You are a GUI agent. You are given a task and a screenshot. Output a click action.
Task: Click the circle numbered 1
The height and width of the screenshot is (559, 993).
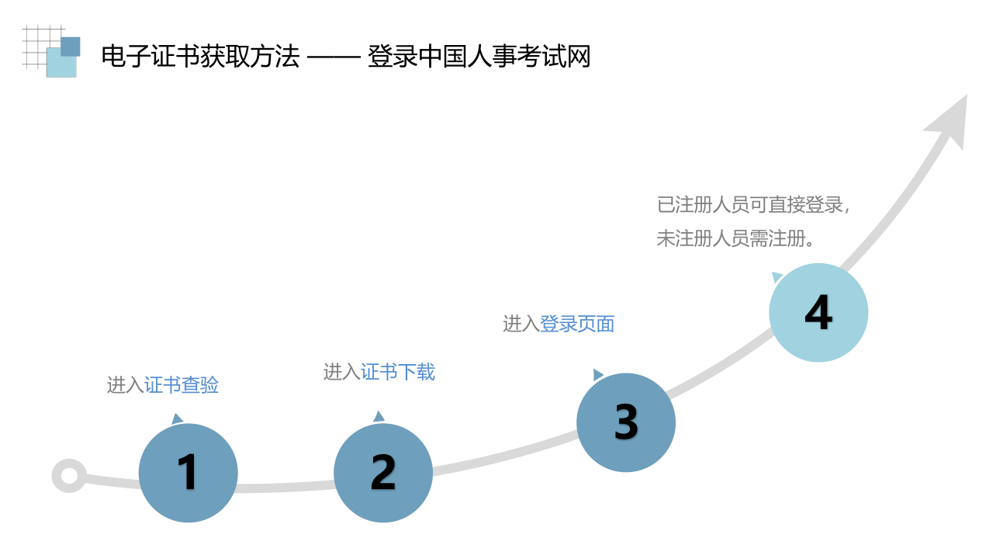[x=189, y=473]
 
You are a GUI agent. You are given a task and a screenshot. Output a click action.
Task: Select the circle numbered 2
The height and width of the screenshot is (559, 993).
[x=383, y=473]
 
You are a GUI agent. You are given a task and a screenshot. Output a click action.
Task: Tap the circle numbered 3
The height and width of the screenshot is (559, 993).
[x=626, y=422]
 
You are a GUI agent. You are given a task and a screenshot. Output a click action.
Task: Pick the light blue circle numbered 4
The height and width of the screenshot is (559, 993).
[x=818, y=313]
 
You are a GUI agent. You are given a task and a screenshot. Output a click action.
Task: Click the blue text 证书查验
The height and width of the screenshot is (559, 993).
[x=182, y=385]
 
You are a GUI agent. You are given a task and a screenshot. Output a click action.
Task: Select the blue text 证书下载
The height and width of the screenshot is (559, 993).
[x=398, y=372]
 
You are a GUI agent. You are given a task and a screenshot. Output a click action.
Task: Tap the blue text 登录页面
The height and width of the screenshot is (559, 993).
[x=576, y=324]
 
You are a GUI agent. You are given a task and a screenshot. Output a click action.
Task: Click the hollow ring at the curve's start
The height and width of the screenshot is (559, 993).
[x=69, y=476]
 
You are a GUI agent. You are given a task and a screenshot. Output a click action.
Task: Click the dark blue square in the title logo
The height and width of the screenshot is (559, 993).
[x=70, y=47]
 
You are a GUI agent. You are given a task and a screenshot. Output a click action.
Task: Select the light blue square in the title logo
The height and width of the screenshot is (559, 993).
[x=61, y=63]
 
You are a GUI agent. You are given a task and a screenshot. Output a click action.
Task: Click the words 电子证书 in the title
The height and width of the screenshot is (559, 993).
[x=151, y=57]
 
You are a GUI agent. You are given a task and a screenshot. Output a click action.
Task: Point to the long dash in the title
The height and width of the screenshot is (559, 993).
[x=334, y=57]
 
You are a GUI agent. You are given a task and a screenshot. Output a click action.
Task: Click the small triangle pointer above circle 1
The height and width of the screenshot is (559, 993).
[x=177, y=418]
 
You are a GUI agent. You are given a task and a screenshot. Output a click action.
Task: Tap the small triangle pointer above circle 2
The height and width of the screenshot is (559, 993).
[x=379, y=416]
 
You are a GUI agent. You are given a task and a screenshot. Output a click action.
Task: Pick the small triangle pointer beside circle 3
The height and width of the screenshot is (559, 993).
[x=597, y=375]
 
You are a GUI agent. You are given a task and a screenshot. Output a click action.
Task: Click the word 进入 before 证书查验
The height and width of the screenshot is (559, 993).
[x=126, y=385]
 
